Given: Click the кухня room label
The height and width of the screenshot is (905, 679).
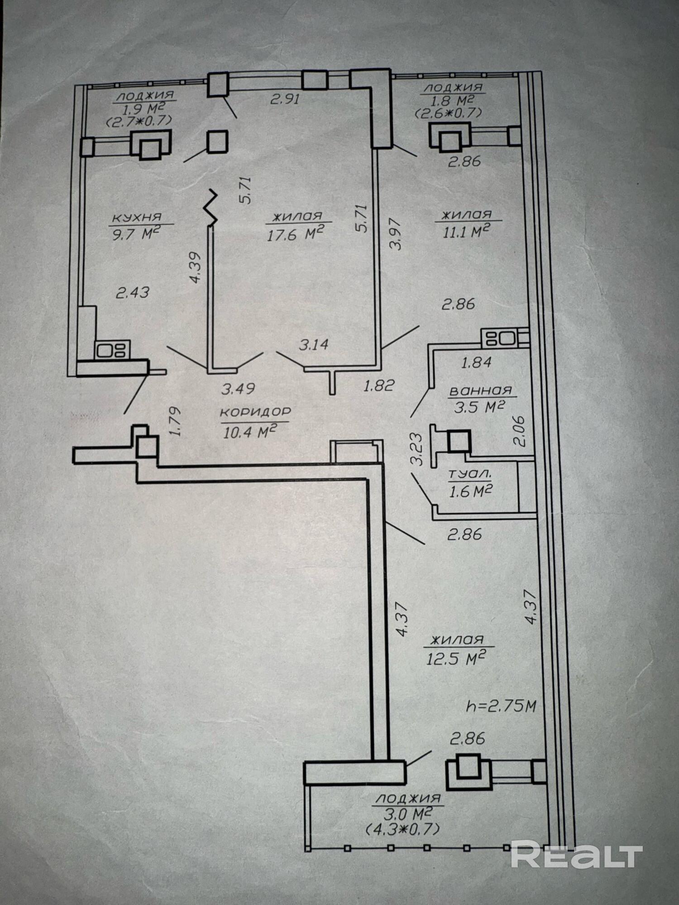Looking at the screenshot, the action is click(136, 218).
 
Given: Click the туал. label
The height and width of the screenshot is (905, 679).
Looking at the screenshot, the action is click(469, 474).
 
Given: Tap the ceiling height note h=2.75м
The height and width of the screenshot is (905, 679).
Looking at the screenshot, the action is click(501, 706).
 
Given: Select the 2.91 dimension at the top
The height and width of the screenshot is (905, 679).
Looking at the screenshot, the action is click(285, 99).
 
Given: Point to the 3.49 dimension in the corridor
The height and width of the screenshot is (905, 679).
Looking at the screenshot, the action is click(238, 388).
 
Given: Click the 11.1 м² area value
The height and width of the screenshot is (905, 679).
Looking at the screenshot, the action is click(468, 232).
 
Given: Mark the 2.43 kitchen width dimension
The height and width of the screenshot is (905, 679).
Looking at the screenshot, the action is click(133, 292).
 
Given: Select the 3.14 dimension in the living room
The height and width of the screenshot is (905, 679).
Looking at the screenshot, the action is click(314, 345).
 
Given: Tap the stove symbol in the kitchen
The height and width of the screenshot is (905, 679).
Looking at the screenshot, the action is click(112, 350).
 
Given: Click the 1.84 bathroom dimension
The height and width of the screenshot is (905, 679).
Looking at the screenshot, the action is click(476, 362).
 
